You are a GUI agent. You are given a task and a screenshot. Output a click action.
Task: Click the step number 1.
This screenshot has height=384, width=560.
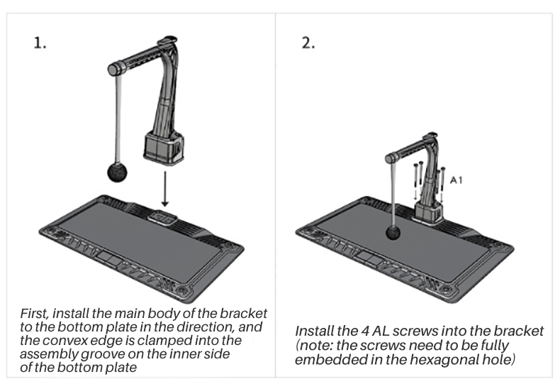pos(41,43)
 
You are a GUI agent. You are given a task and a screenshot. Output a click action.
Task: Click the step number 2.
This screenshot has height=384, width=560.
pos(308,43)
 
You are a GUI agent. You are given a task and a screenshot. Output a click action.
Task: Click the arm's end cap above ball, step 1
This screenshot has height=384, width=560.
pos(113,70)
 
